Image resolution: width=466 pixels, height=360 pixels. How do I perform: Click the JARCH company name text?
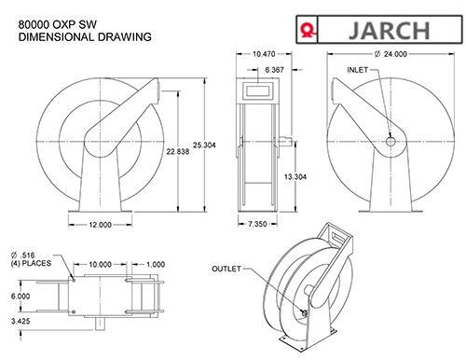pyautogui.click(x=390, y=30)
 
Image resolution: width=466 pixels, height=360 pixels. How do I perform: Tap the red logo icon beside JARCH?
pyautogui.click(x=308, y=31)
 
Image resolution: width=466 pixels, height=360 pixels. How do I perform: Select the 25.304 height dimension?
pyautogui.click(x=204, y=145)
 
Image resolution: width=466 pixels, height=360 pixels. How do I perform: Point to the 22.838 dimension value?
pyautogui.click(x=178, y=151)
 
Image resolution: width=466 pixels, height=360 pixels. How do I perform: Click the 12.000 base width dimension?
pyautogui.click(x=100, y=225)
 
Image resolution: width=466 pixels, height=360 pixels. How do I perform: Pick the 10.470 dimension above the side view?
pyautogui.click(x=264, y=54)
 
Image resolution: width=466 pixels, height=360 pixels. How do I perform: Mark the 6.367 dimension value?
pyautogui.click(x=274, y=70)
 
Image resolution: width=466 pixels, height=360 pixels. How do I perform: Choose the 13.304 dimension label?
pyautogui.click(x=295, y=177)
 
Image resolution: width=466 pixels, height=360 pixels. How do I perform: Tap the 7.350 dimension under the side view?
pyautogui.click(x=257, y=224)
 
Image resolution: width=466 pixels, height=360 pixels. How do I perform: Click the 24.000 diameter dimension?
pyautogui.click(x=391, y=54)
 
